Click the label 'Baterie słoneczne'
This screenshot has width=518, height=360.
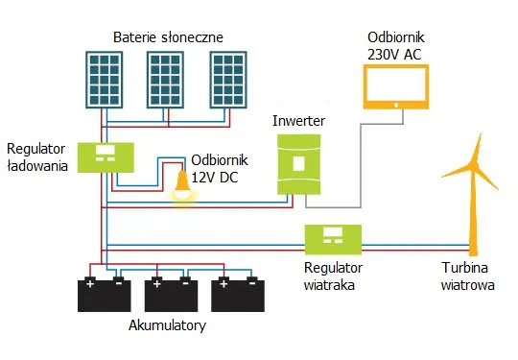click(x=168, y=36)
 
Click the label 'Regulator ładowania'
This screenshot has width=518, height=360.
click(x=36, y=157)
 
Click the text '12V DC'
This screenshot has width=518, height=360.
click(x=214, y=176)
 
